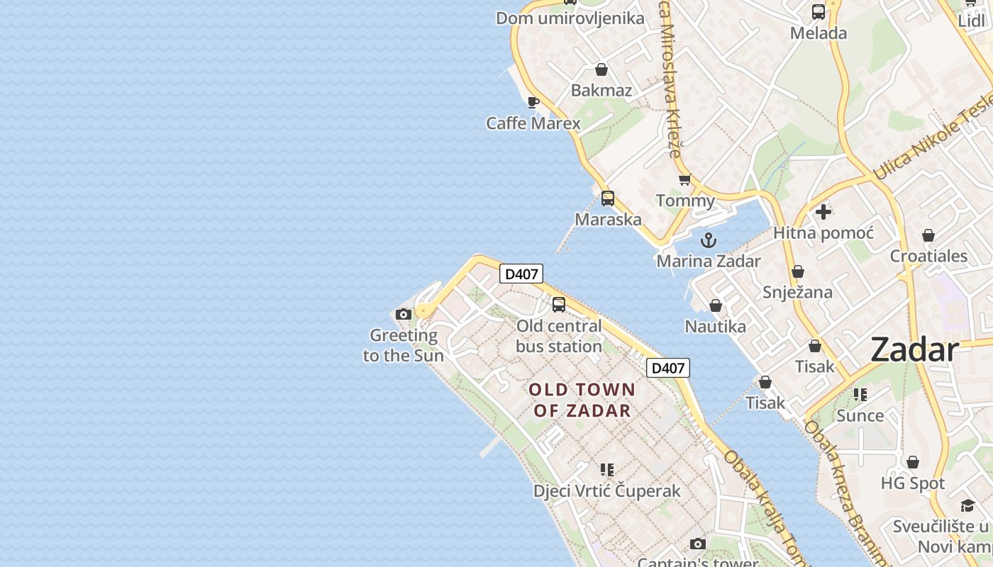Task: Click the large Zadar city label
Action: tap(914, 350)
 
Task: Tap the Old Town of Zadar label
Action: tap(582, 400)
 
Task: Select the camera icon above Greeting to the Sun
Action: tap(404, 314)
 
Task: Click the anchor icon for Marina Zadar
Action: tap(709, 240)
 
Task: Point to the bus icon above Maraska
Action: tap(608, 198)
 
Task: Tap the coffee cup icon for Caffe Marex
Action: tap(533, 103)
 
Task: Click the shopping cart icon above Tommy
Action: tap(684, 180)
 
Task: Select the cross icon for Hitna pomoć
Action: tap(823, 212)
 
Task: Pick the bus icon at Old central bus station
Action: tap(559, 305)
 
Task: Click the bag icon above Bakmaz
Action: tap(601, 69)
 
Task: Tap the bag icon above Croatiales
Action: tap(928, 235)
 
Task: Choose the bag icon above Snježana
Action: tap(798, 271)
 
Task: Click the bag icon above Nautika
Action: tap(716, 305)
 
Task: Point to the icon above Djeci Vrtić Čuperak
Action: tap(606, 470)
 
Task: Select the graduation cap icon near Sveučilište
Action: tap(967, 505)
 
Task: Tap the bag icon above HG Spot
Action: tap(913, 463)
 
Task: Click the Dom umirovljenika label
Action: tap(570, 18)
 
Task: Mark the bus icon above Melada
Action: tap(819, 12)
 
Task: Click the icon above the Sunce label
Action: tap(860, 395)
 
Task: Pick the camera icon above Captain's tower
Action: tap(698, 544)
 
